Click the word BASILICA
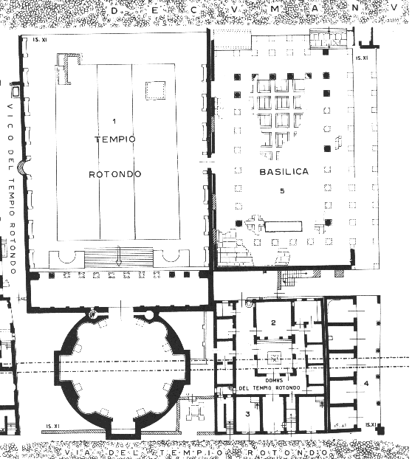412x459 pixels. tap(284, 172)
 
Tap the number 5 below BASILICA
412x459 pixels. tap(283, 190)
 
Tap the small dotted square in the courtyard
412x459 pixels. tap(155, 91)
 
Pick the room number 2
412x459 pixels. tap(273, 322)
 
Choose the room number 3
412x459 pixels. tap(248, 415)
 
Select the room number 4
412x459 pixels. tap(365, 383)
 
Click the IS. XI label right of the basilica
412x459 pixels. tap(362, 57)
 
